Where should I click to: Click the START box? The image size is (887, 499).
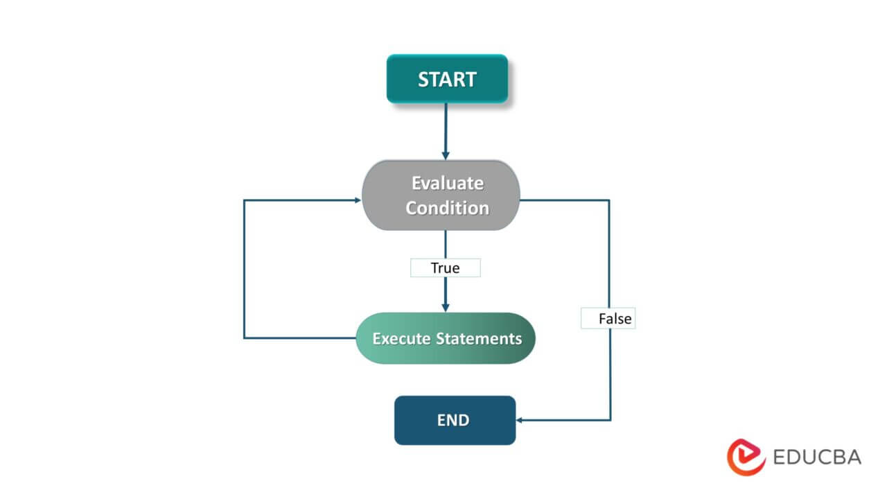click(447, 79)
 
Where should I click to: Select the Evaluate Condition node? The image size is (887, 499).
click(441, 195)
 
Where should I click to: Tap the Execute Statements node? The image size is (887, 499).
click(446, 338)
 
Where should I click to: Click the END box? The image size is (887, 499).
click(455, 420)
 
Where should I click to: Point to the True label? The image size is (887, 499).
click(446, 268)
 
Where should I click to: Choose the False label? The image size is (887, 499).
click(608, 319)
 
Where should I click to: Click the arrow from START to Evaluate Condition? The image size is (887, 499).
click(445, 128)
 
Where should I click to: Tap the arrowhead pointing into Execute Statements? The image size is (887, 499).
click(445, 306)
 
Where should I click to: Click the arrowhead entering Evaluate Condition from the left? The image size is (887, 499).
click(357, 200)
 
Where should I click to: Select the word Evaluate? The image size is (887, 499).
click(448, 183)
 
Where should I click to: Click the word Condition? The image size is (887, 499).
click(448, 208)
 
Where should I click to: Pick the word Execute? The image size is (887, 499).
click(402, 339)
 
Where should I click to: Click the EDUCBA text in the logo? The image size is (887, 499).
click(816, 457)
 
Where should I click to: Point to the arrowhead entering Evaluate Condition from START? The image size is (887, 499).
click(445, 155)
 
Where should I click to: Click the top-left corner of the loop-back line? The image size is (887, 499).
click(244, 200)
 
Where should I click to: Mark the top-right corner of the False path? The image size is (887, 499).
click(610, 200)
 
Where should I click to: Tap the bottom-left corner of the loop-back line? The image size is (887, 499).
click(244, 338)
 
